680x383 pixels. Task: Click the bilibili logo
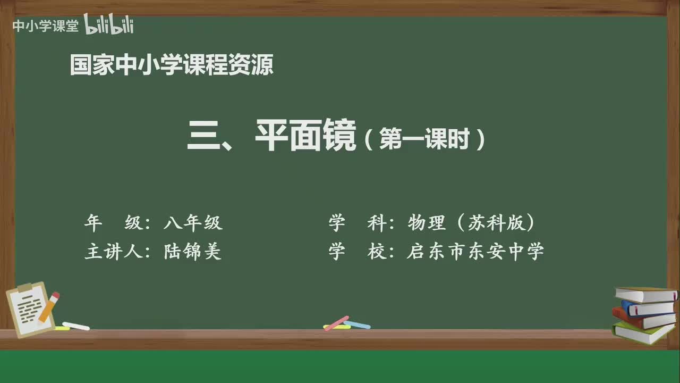coord(109,26)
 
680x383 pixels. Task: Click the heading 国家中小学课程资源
coord(172,65)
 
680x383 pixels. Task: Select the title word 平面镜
coord(305,137)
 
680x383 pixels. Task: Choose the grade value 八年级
coord(193,223)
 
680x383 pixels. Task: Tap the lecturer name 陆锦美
coord(193,252)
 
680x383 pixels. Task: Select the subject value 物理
coord(427,223)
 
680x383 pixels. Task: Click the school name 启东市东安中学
coord(475,252)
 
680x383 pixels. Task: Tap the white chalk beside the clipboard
coord(76,326)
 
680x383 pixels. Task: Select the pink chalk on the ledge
coord(336,323)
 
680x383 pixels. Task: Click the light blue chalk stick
coord(357,324)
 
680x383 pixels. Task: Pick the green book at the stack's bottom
coord(643,333)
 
